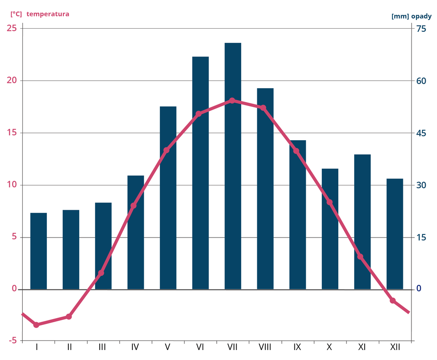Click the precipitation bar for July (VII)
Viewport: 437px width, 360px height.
(233, 166)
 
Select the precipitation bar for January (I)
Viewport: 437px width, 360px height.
(39, 251)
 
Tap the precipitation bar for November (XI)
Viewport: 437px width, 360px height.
(362, 222)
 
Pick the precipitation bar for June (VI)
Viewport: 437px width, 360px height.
(200, 173)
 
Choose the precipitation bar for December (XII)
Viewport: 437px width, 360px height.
(395, 234)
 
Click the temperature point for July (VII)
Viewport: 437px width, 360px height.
(232, 101)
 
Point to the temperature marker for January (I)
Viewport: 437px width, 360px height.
(36, 325)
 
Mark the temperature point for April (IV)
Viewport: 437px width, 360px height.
(133, 206)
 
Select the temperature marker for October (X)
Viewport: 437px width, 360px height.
(330, 203)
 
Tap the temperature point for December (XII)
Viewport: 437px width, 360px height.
(393, 301)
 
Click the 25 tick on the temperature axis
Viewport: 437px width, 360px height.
(13, 29)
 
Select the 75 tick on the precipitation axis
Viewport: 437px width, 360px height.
(422, 29)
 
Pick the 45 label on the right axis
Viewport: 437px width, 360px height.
(422, 133)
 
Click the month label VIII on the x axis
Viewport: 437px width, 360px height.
(264, 347)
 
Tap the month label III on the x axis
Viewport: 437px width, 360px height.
(102, 347)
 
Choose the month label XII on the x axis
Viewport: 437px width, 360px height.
(395, 347)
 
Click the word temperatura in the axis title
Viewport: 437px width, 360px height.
(48, 14)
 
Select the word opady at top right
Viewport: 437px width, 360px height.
(421, 16)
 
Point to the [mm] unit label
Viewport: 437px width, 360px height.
(400, 16)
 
